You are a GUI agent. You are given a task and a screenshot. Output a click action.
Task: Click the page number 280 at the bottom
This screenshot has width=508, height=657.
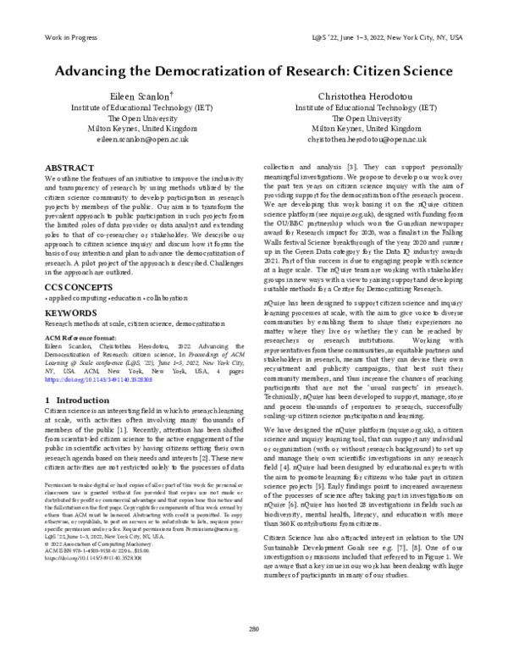254,628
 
